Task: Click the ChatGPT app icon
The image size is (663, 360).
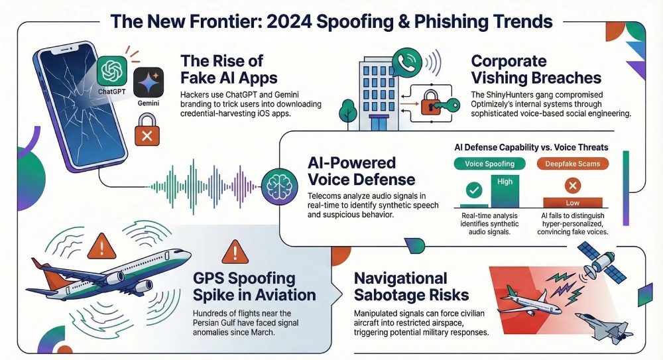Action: pos(112,71)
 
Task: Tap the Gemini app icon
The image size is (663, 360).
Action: pos(149,82)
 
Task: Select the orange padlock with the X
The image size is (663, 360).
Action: pos(147,130)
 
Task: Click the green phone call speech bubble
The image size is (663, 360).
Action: pos(407,62)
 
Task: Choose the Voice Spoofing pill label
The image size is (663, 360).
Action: pos(490,164)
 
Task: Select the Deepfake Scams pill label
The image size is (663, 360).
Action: pos(573,164)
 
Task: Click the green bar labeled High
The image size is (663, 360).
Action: pos(505,191)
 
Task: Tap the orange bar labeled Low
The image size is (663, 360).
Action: pos(573,203)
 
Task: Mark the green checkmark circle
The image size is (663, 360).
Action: pos(474,190)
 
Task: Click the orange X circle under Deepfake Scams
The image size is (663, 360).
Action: pos(573,185)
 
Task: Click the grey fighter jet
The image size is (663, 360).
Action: pos(604,326)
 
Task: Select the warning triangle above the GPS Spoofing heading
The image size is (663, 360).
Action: pos(235,251)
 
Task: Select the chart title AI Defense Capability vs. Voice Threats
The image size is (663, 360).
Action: pos(531,147)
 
